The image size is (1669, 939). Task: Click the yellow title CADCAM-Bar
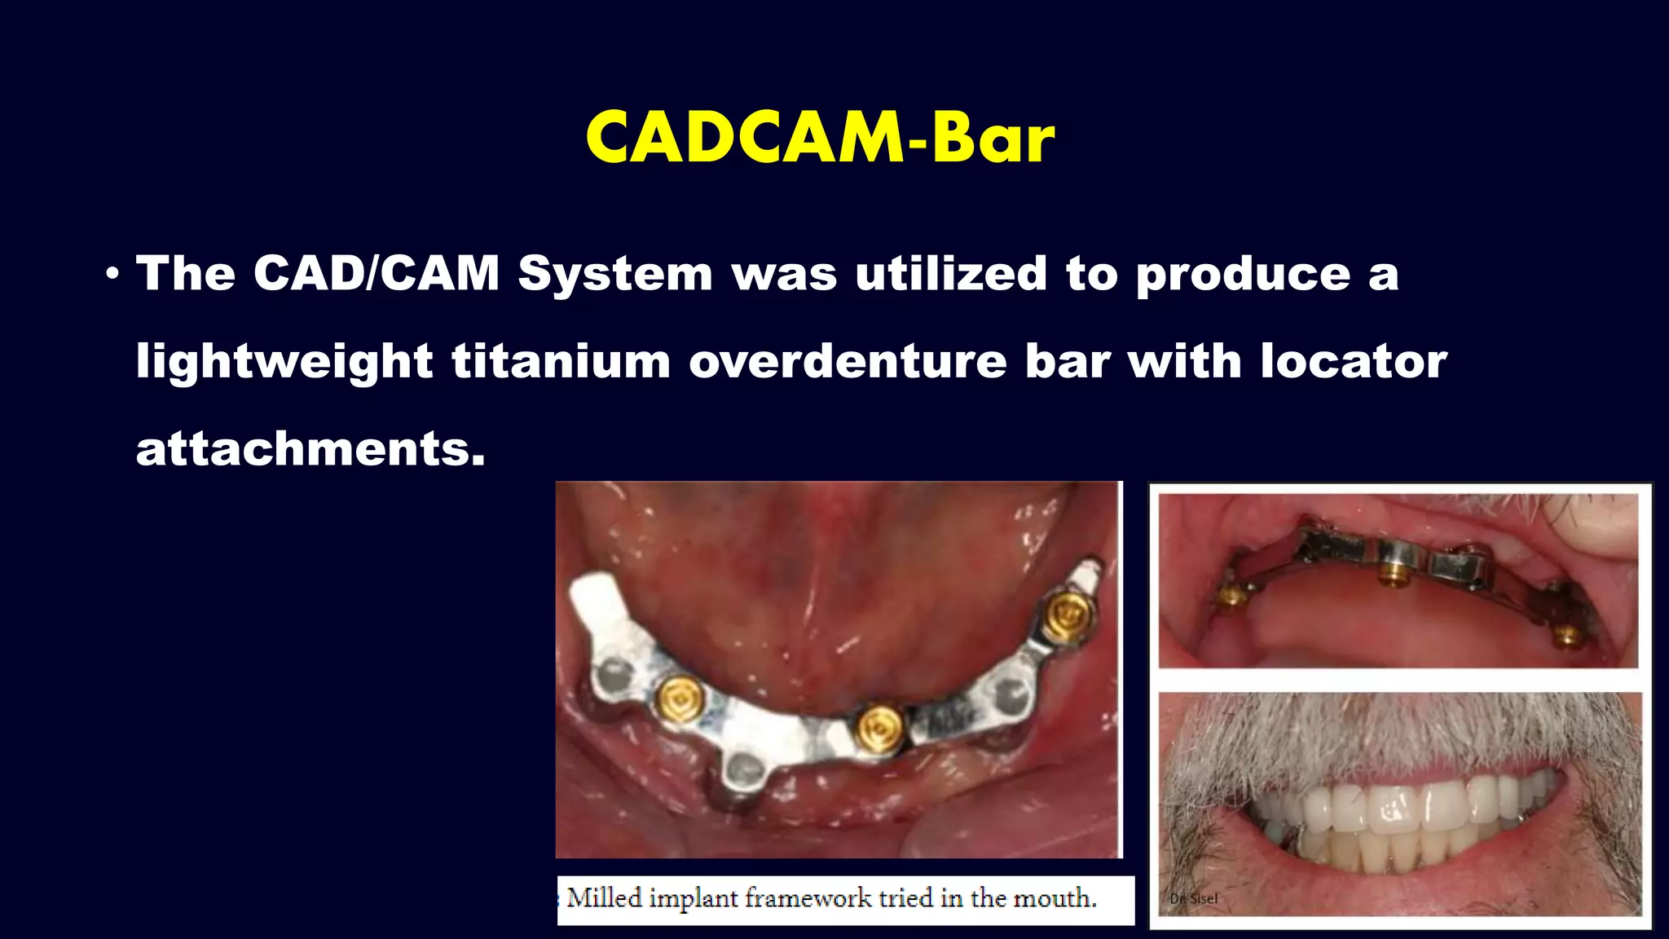click(x=820, y=137)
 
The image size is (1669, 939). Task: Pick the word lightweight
click(x=284, y=362)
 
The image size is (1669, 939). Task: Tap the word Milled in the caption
click(x=604, y=898)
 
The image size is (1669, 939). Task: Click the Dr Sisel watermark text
click(x=1193, y=898)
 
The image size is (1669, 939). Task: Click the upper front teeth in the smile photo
click(x=1394, y=807)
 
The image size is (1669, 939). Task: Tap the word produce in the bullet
click(x=1243, y=275)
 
